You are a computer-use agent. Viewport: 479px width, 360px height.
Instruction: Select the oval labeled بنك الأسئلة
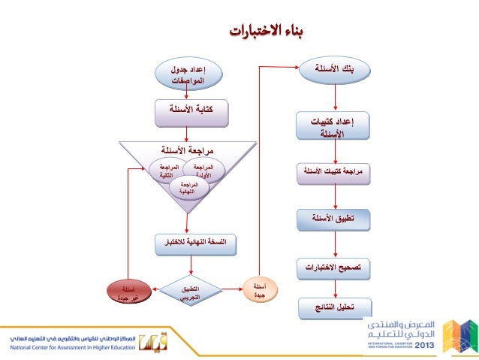tap(335, 70)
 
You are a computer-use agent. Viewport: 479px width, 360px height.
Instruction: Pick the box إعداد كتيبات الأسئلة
tap(336, 126)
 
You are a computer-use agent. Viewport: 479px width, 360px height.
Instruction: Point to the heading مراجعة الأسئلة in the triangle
tap(191, 149)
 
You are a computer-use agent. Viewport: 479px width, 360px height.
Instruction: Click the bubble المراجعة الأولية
tap(204, 171)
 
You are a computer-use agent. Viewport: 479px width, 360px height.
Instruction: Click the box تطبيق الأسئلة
tap(335, 219)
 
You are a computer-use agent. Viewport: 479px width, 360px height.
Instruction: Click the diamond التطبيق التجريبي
tap(191, 291)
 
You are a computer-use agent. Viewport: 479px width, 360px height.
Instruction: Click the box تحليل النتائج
tap(335, 307)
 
